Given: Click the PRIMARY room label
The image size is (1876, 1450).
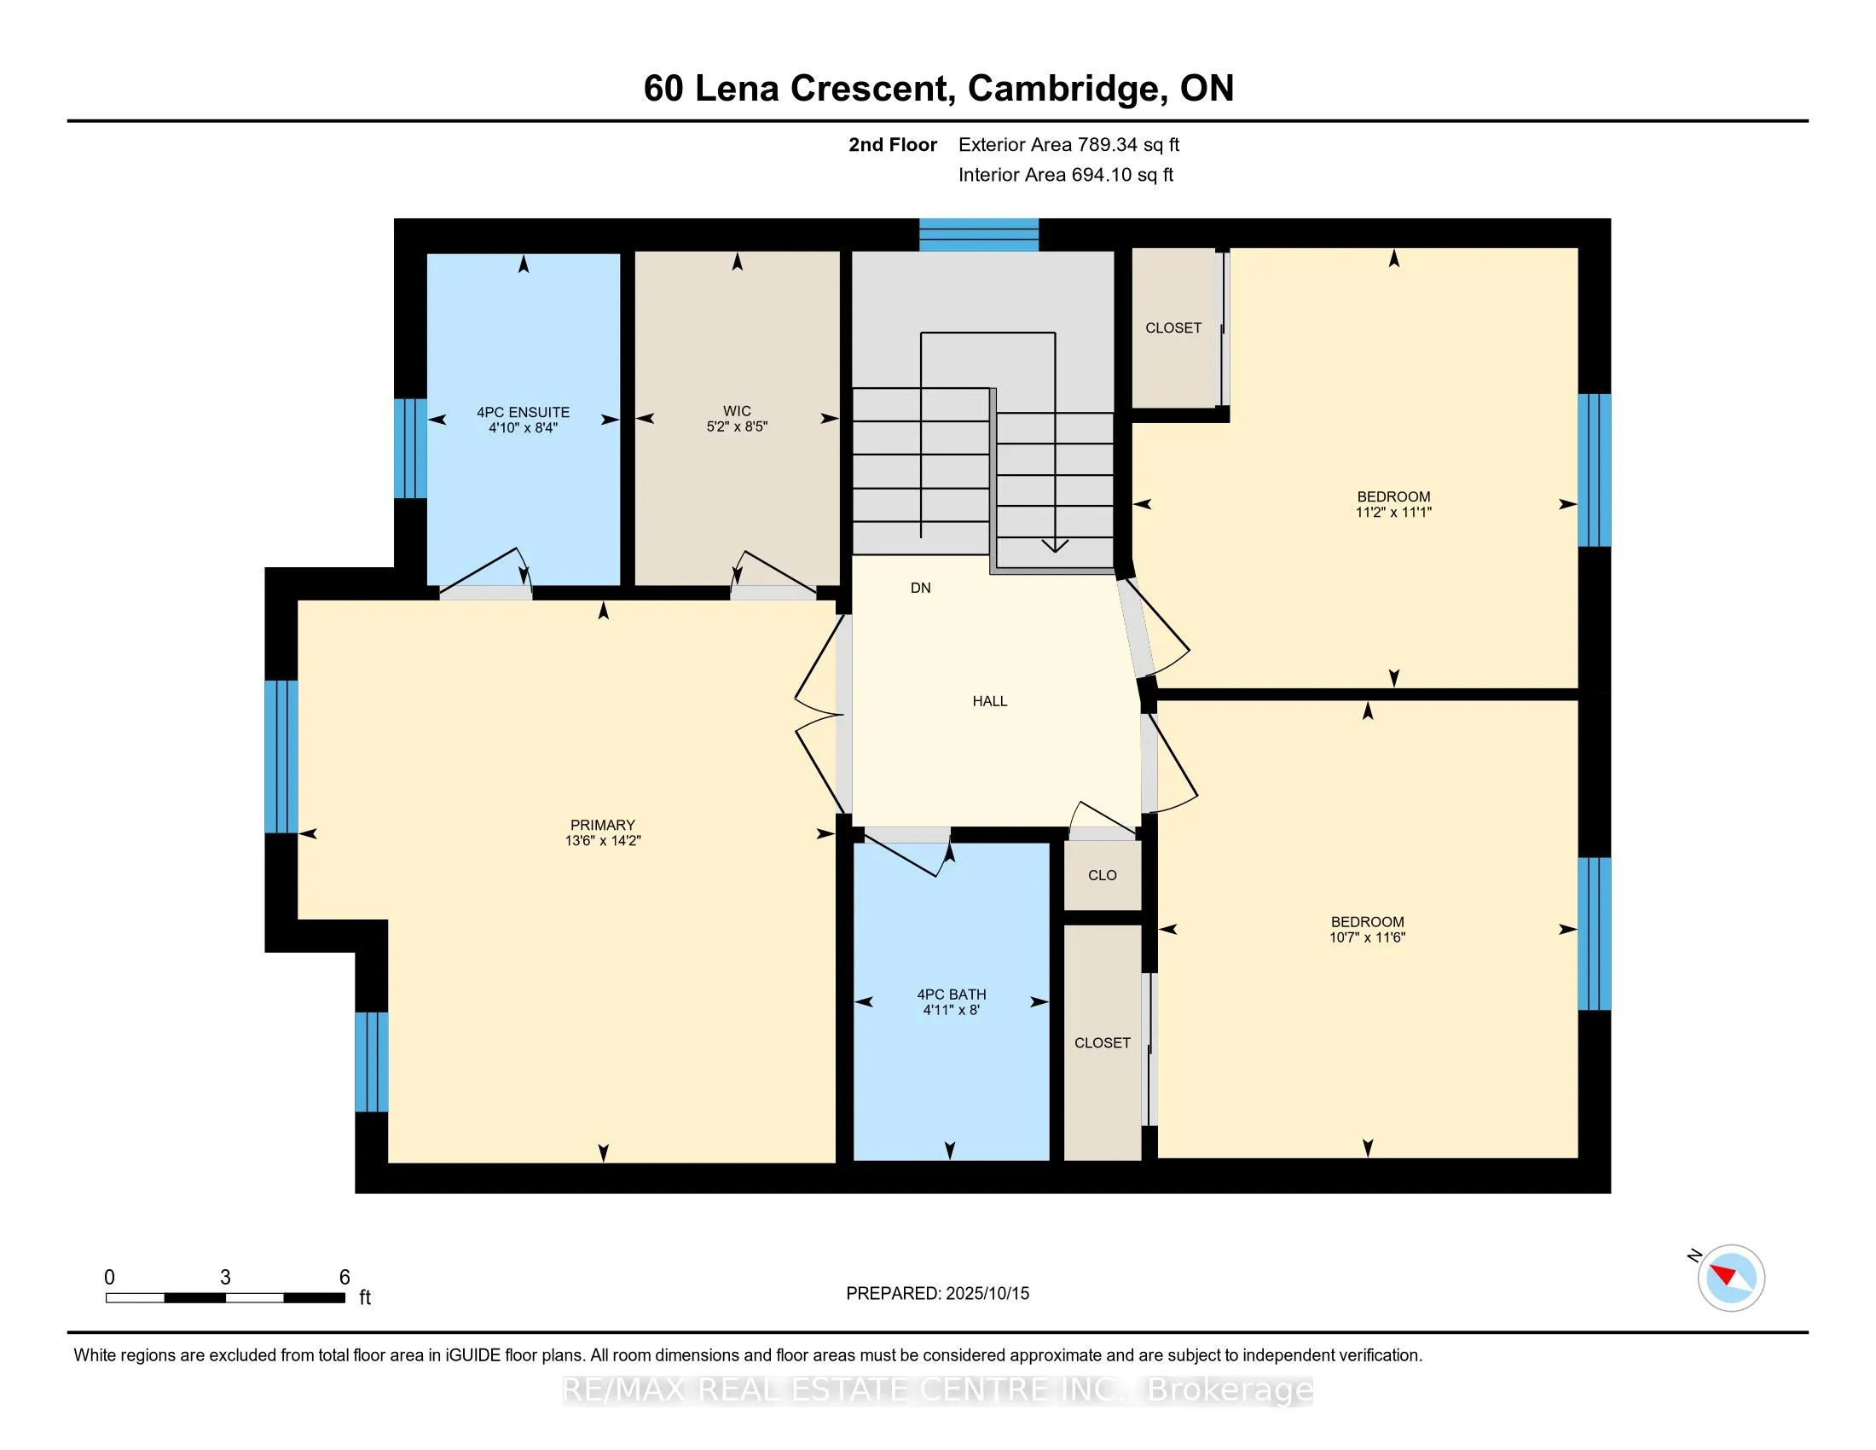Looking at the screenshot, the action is click(x=603, y=825).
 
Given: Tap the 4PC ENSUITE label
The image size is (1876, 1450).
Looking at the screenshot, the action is click(x=523, y=412).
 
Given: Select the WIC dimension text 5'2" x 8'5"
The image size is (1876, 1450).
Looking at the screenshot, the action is click(x=737, y=426).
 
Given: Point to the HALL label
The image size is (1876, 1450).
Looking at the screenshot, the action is click(x=989, y=701).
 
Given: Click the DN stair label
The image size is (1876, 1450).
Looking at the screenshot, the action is click(x=921, y=588).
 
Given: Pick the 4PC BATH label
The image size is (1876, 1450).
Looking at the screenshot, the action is click(x=952, y=994).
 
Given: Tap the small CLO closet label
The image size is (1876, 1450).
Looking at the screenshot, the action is click(x=1102, y=875).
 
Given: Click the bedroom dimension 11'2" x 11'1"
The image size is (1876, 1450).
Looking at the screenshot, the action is click(x=1393, y=512).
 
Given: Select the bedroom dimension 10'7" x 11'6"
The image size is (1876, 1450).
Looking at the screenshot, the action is click(x=1368, y=937).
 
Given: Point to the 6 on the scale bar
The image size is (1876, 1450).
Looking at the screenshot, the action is click(x=345, y=1278).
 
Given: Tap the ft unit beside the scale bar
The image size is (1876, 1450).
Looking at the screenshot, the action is click(x=365, y=1297).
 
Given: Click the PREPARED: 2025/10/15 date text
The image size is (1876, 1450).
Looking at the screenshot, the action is click(x=937, y=1294).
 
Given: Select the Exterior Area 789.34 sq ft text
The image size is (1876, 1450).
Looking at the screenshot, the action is click(x=1068, y=144).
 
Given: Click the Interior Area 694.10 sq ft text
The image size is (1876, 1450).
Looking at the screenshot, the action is click(x=1066, y=174).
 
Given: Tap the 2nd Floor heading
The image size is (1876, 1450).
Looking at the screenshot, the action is click(x=893, y=144).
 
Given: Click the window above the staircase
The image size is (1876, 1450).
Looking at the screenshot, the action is click(x=979, y=235).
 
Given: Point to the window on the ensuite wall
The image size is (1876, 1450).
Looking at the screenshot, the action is click(x=411, y=449).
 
